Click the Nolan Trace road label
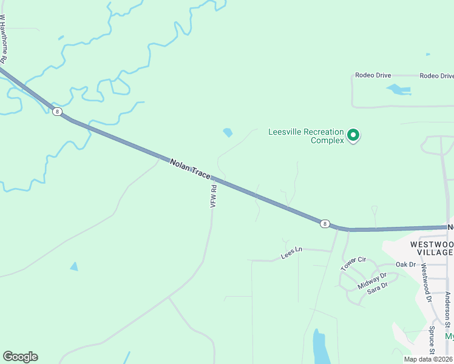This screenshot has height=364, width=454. click(x=190, y=169)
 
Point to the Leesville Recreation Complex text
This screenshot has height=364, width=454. click(x=306, y=136)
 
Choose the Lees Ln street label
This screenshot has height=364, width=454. click(x=291, y=253)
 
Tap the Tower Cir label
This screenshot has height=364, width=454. click(x=354, y=263)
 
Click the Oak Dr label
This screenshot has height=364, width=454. click(x=405, y=265)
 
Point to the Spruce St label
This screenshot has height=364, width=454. click(x=432, y=340)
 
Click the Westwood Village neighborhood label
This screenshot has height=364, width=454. click(x=432, y=248)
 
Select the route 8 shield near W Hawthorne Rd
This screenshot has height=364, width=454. click(x=56, y=112)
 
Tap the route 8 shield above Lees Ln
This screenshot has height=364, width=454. click(x=325, y=224)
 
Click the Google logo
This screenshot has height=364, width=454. click(x=20, y=357)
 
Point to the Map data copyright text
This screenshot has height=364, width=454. click(x=429, y=359)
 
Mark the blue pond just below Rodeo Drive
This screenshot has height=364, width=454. click(x=398, y=90)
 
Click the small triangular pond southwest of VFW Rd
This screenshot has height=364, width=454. click(x=74, y=266)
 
